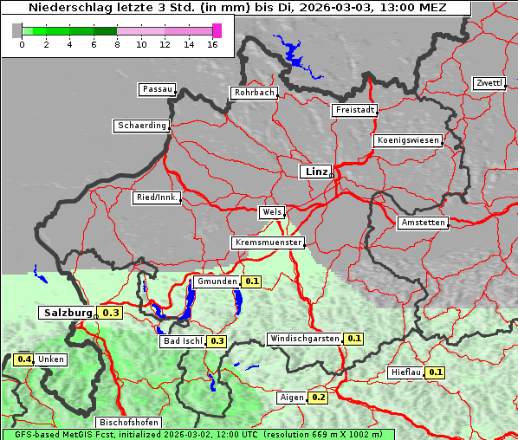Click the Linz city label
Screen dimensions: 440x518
pyautogui.click(x=315, y=171)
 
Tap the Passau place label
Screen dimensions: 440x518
pyautogui.click(x=157, y=89)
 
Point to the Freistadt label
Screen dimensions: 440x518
pyautogui.click(x=354, y=110)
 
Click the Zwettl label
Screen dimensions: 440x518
pyautogui.click(x=489, y=83)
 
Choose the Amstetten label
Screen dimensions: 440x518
pyautogui.click(x=423, y=223)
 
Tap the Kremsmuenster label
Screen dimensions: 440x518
pyautogui.click(x=268, y=243)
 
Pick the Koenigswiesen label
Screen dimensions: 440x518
pyautogui.click(x=408, y=140)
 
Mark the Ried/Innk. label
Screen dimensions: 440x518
pyautogui.click(x=157, y=197)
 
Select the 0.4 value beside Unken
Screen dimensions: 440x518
pyautogui.click(x=24, y=359)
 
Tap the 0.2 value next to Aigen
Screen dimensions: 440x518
pyautogui.click(x=318, y=398)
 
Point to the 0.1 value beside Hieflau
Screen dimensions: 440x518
pyautogui.click(x=435, y=372)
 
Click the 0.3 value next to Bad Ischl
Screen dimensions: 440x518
pyautogui.click(x=217, y=341)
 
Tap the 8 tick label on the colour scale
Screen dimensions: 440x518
pyautogui.click(x=117, y=44)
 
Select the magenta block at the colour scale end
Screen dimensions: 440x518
pyautogui.click(x=217, y=30)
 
